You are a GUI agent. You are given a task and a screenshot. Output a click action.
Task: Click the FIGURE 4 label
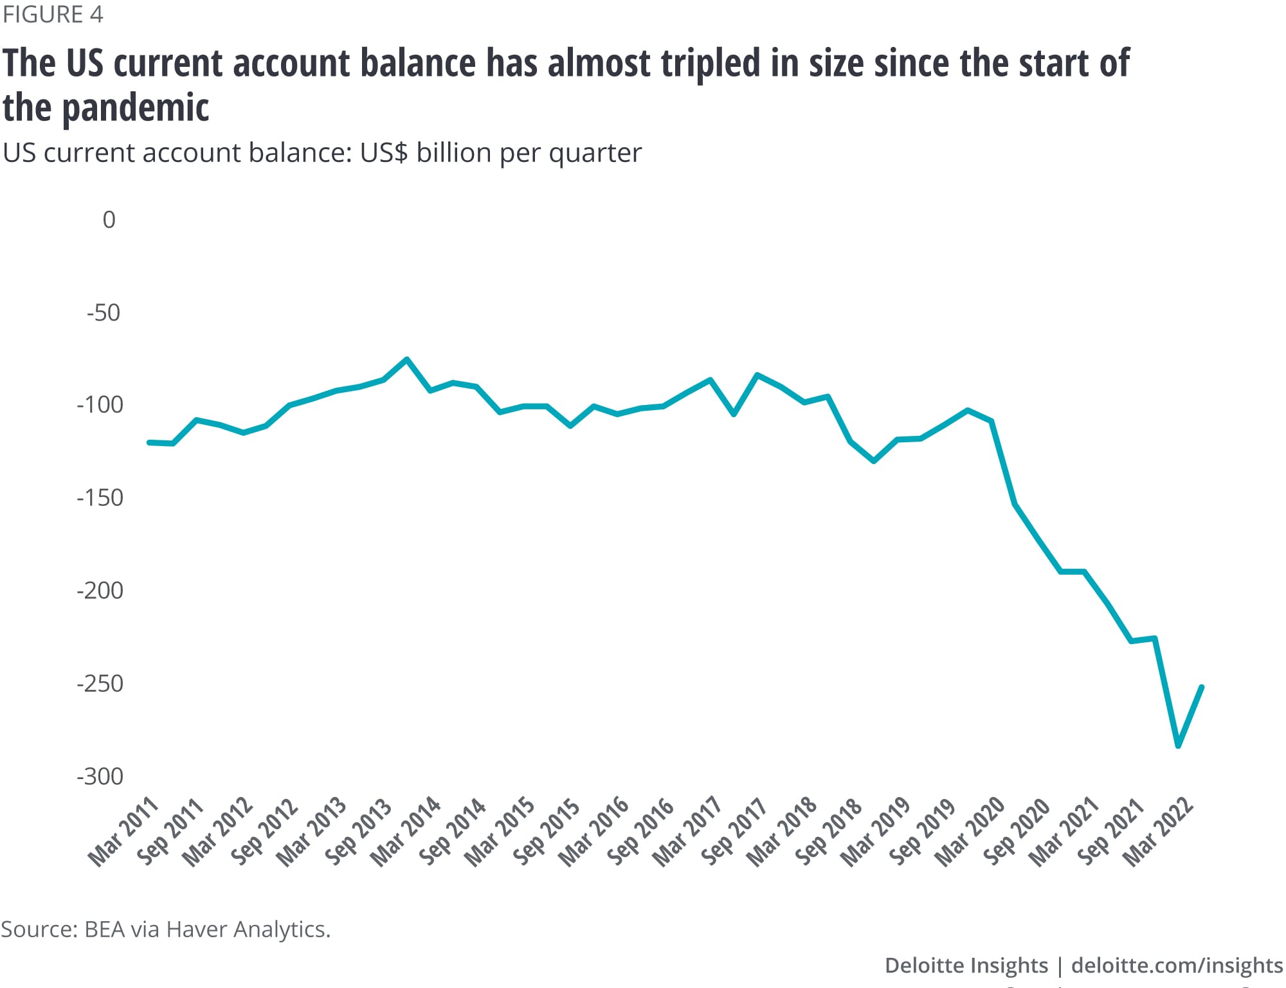click(x=53, y=14)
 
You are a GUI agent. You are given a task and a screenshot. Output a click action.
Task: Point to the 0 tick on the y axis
click(x=109, y=220)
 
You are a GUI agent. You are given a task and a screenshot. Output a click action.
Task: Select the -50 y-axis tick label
click(x=104, y=313)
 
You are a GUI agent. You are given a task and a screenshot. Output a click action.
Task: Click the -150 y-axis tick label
click(x=100, y=498)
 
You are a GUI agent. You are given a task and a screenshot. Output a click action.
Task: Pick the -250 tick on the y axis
click(x=100, y=683)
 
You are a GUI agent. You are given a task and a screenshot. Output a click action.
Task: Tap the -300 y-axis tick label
click(x=100, y=777)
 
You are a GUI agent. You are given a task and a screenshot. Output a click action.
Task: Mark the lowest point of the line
click(x=1178, y=746)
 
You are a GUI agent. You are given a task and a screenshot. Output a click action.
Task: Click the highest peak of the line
click(x=407, y=359)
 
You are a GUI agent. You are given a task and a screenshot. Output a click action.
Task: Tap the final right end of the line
click(x=1202, y=687)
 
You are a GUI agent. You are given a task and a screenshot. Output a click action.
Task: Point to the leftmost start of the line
click(x=149, y=442)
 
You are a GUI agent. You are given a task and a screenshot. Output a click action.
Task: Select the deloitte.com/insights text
click(x=1177, y=966)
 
